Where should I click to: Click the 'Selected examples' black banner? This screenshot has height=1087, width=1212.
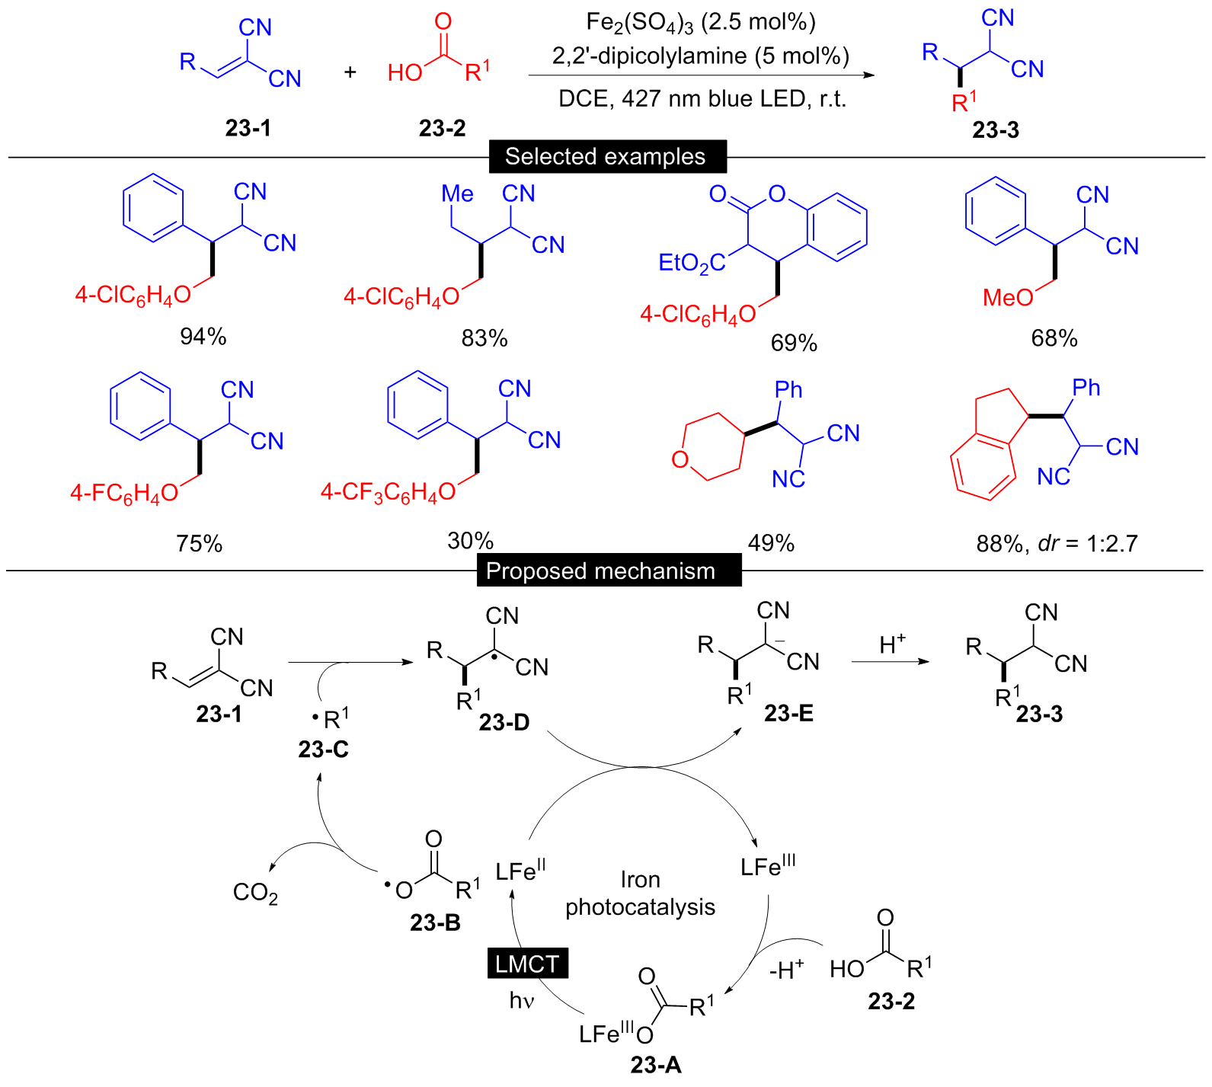(x=607, y=157)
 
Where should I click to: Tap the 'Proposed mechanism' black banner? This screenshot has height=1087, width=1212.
(x=609, y=571)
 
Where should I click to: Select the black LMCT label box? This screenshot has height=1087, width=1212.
(x=527, y=964)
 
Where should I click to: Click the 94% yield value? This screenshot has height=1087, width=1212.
(x=203, y=337)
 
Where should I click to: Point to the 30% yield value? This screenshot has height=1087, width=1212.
(x=470, y=541)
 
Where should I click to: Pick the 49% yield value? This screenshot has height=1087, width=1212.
(x=771, y=543)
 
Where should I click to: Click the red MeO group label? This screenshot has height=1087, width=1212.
(x=1007, y=298)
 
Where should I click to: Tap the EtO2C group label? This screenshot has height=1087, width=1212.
(x=691, y=264)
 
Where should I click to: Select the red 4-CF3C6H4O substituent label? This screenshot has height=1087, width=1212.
(x=388, y=493)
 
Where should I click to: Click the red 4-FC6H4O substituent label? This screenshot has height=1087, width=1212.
(x=124, y=494)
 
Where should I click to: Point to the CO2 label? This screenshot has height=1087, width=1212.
(x=255, y=893)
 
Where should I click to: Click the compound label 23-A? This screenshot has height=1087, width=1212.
(x=656, y=1065)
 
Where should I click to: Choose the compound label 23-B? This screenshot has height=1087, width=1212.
(x=435, y=922)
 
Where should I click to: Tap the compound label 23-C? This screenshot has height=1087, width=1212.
(x=323, y=750)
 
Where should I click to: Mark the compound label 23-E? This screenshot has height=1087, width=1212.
(x=788, y=713)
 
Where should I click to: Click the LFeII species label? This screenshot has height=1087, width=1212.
(x=520, y=870)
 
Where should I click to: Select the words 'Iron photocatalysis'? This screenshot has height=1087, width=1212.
(x=640, y=894)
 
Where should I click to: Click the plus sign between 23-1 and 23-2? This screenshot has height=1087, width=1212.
(x=350, y=72)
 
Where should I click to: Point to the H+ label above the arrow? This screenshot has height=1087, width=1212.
(x=891, y=644)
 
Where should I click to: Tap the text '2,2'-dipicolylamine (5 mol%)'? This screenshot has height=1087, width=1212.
(x=700, y=56)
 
